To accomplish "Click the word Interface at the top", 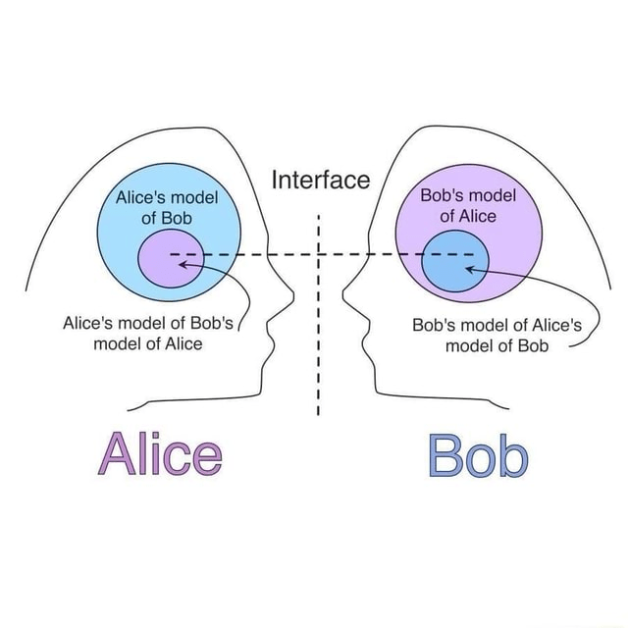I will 320,181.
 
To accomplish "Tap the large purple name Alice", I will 160,453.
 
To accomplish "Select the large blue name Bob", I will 478,455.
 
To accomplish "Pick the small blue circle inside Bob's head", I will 454,263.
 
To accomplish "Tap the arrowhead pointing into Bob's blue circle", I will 471,265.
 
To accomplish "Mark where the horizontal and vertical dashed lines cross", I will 320,254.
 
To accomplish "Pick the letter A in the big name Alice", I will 117,453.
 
